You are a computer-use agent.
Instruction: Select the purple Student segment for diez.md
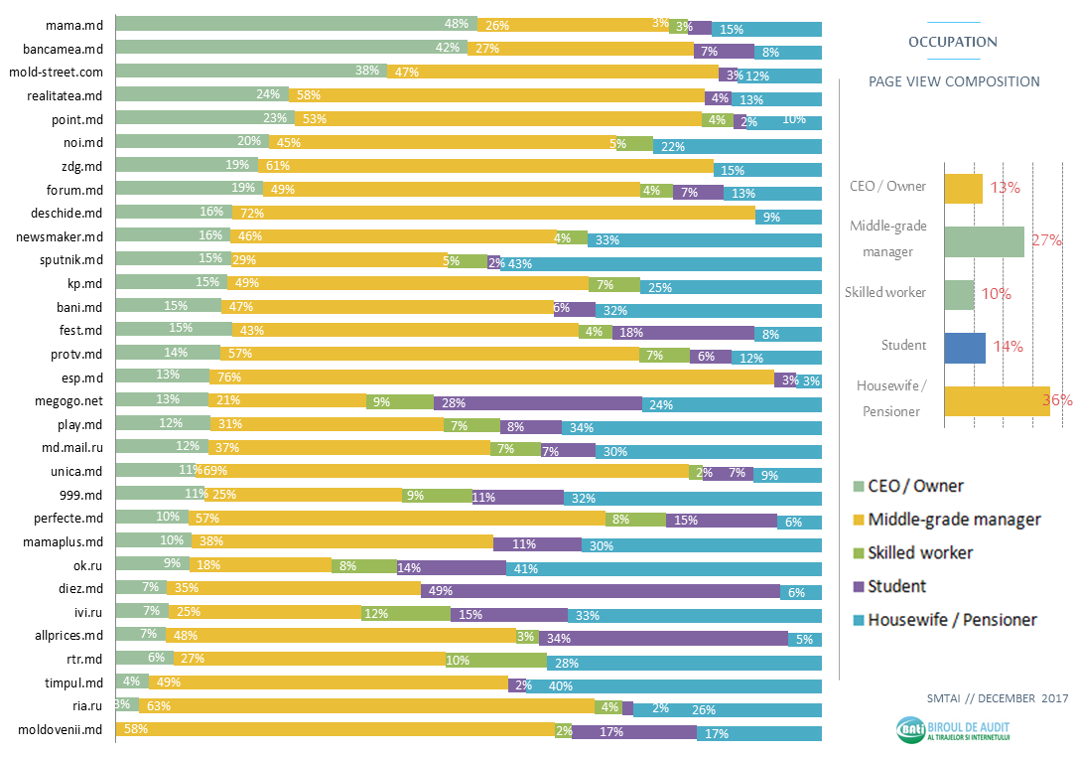[x=600, y=591]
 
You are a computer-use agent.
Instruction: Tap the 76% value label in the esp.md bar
[x=229, y=378]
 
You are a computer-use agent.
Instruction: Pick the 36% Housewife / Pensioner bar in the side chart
[x=997, y=401]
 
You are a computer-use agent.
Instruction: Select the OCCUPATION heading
[x=952, y=42]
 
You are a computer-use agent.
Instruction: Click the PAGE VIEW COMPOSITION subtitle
[x=954, y=81]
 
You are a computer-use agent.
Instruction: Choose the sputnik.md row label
[x=71, y=259]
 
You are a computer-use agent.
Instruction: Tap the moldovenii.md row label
[x=62, y=730]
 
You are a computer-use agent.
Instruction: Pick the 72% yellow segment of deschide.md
[x=493, y=213]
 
